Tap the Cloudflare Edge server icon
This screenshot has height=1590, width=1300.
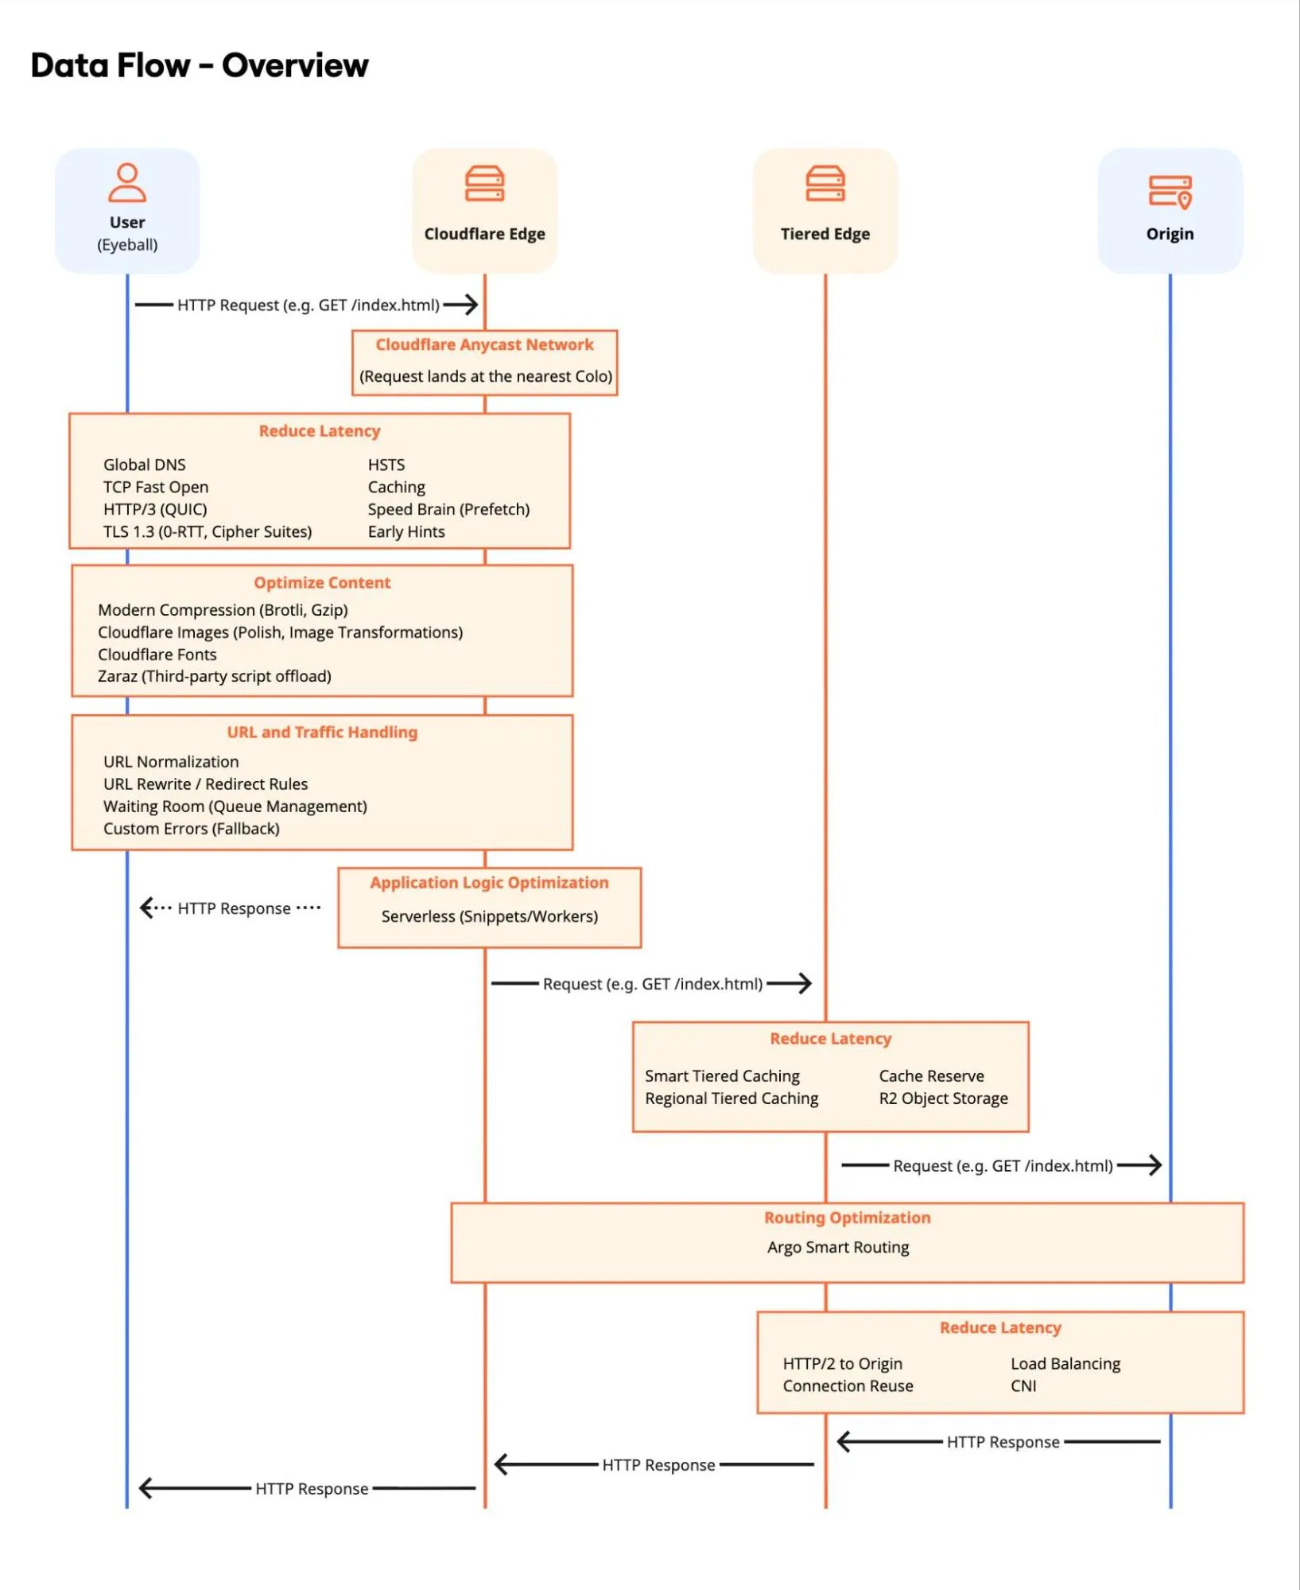(x=484, y=184)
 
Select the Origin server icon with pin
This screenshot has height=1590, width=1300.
(x=1170, y=192)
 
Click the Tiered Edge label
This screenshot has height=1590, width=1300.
(x=825, y=234)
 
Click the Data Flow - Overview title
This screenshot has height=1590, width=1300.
(x=199, y=65)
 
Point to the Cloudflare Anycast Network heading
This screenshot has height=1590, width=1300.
(x=484, y=344)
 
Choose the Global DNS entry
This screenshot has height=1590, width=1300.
(x=144, y=465)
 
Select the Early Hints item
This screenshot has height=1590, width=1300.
(x=406, y=531)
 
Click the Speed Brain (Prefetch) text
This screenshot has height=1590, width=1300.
(x=448, y=509)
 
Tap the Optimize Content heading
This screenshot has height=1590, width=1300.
(x=322, y=582)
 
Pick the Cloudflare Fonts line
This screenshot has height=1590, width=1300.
(x=157, y=654)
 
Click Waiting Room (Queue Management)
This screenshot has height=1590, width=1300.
(x=235, y=806)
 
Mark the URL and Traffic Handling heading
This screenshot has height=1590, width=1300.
(x=322, y=732)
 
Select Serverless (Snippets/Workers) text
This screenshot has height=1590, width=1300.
(x=489, y=916)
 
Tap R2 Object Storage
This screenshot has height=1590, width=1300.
(x=943, y=1098)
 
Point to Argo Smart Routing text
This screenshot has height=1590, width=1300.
(x=838, y=1247)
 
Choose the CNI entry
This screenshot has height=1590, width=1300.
(x=1023, y=1386)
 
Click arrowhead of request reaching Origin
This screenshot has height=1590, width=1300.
(x=1157, y=1165)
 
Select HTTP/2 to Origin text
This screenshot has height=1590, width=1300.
(x=842, y=1363)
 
